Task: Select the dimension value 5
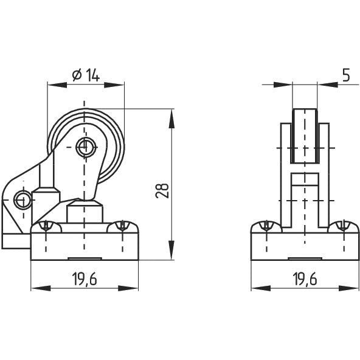pyautogui.click(x=345, y=75)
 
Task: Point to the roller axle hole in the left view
pyautogui.click(x=85, y=145)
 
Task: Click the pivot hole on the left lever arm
pyautogui.click(x=22, y=198)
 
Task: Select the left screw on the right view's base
pyautogui.click(x=266, y=226)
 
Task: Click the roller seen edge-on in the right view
pyautogui.click(x=305, y=136)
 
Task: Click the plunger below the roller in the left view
pyautogui.click(x=85, y=213)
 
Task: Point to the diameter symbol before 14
pyautogui.click(x=77, y=75)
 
